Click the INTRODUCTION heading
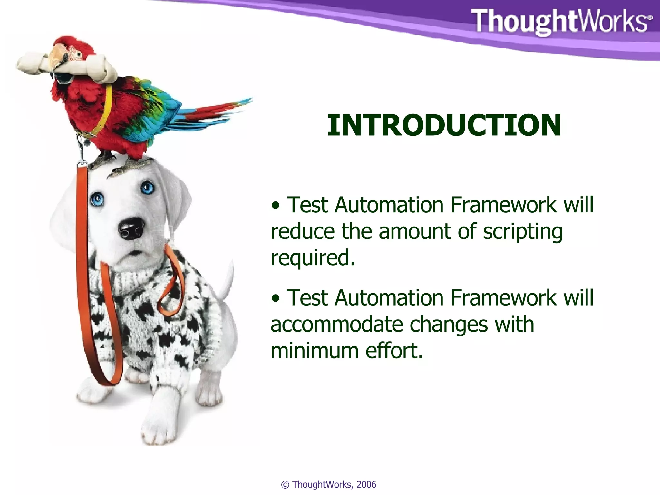[444, 125]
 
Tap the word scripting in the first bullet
[522, 232]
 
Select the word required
[313, 258]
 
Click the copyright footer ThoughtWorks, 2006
[329, 485]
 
